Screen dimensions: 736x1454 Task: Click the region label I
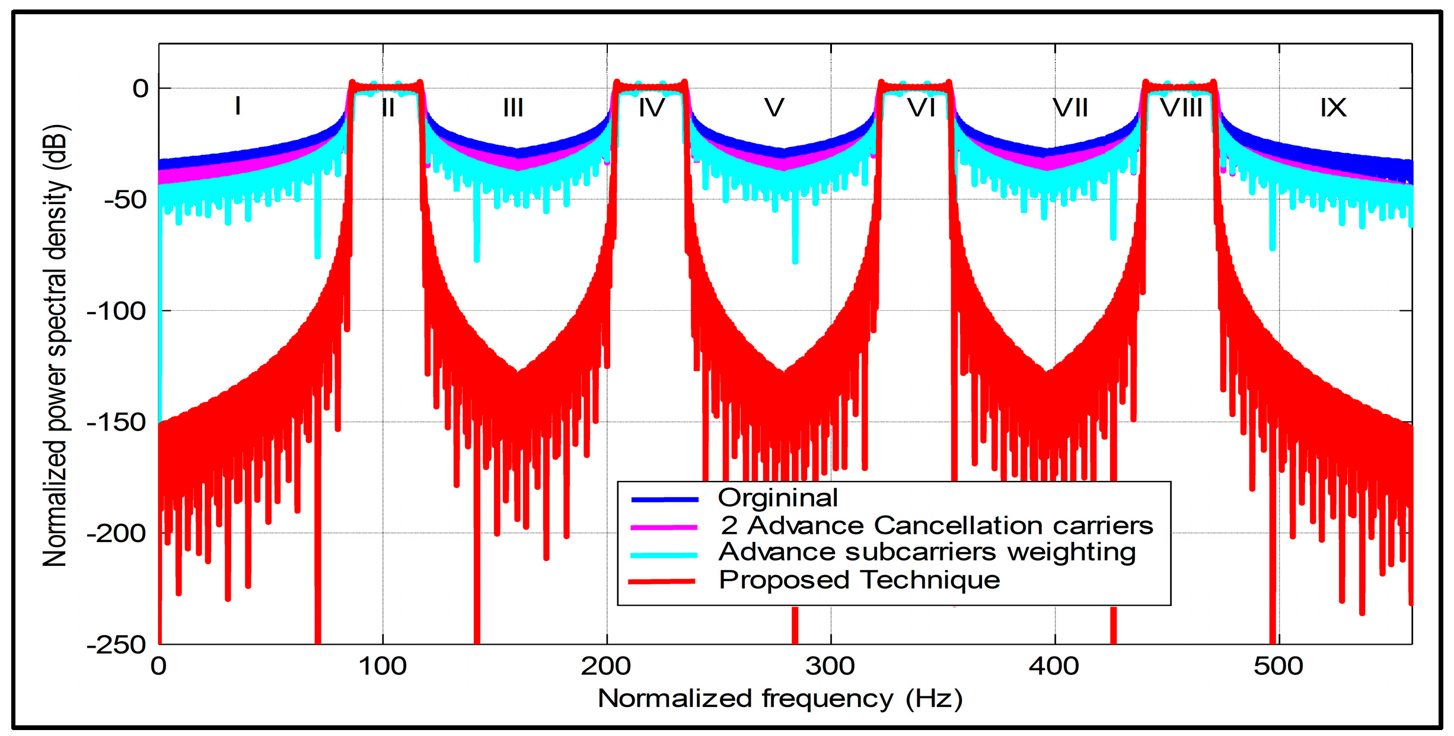coord(238,106)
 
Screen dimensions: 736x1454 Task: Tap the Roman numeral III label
coord(513,108)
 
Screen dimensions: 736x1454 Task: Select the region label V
coord(774,108)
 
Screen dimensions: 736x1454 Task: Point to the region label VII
coord(1070,108)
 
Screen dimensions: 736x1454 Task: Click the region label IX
coord(1333,108)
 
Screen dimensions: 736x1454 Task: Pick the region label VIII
coord(1181,108)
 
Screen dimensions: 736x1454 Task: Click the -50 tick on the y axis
coord(126,200)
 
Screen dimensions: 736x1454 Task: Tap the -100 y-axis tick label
coord(117,311)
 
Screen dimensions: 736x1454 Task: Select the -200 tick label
coord(117,533)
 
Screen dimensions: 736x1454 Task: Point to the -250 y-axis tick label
coord(117,644)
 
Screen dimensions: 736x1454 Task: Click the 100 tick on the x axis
coord(382,666)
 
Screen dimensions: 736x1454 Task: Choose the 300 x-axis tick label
coord(830,666)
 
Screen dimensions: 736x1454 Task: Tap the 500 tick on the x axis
coord(1278,666)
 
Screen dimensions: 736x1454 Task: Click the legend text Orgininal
coord(777,498)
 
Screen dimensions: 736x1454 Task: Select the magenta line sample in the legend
coord(664,527)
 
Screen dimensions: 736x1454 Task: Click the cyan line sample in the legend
coord(664,555)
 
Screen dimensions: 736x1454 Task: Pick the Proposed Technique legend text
coord(859,580)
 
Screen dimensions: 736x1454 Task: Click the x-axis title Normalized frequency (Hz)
coord(780,699)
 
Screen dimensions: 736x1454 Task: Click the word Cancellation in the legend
coord(956,525)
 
